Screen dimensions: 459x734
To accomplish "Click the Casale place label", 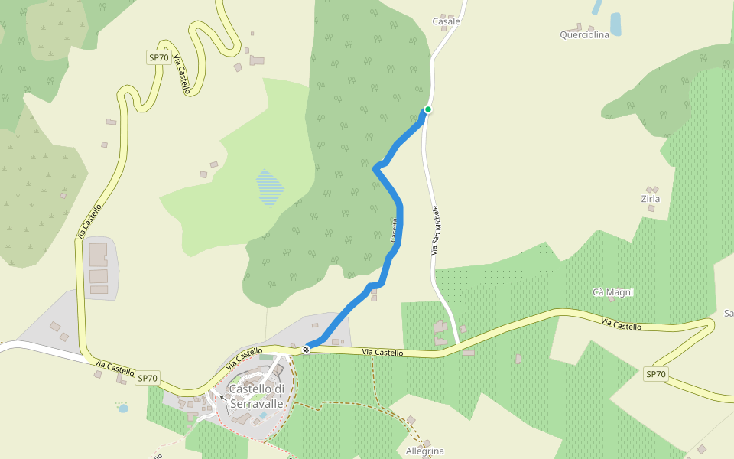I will tap(447, 21).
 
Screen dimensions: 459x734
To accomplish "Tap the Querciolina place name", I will tap(584, 34).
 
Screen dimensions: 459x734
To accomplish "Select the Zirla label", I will tap(651, 199).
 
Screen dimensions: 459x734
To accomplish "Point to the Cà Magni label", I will tap(613, 292).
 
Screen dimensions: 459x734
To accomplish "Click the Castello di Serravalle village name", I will tap(257, 396).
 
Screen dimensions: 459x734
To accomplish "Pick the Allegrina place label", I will tap(425, 451).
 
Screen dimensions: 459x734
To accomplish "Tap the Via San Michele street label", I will tap(436, 230).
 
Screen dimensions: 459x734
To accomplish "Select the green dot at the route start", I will tap(428, 109).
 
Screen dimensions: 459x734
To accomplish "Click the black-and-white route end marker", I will tap(306, 349).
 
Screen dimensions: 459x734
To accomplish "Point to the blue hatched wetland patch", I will tap(269, 188).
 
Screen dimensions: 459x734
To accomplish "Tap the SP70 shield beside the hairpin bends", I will tap(158, 57).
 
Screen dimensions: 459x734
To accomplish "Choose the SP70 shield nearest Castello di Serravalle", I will tap(148, 378).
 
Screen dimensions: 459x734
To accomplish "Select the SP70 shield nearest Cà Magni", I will tap(656, 374).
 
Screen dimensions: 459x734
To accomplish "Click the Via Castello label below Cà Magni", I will tap(622, 325).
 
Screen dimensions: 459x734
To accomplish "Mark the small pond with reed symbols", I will tap(122, 408).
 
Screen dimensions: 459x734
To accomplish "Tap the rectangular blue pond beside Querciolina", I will tap(615, 24).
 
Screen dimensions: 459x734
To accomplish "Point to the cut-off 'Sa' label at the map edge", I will tap(729, 314).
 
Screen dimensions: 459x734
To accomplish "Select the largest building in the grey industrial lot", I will tap(99, 254).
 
